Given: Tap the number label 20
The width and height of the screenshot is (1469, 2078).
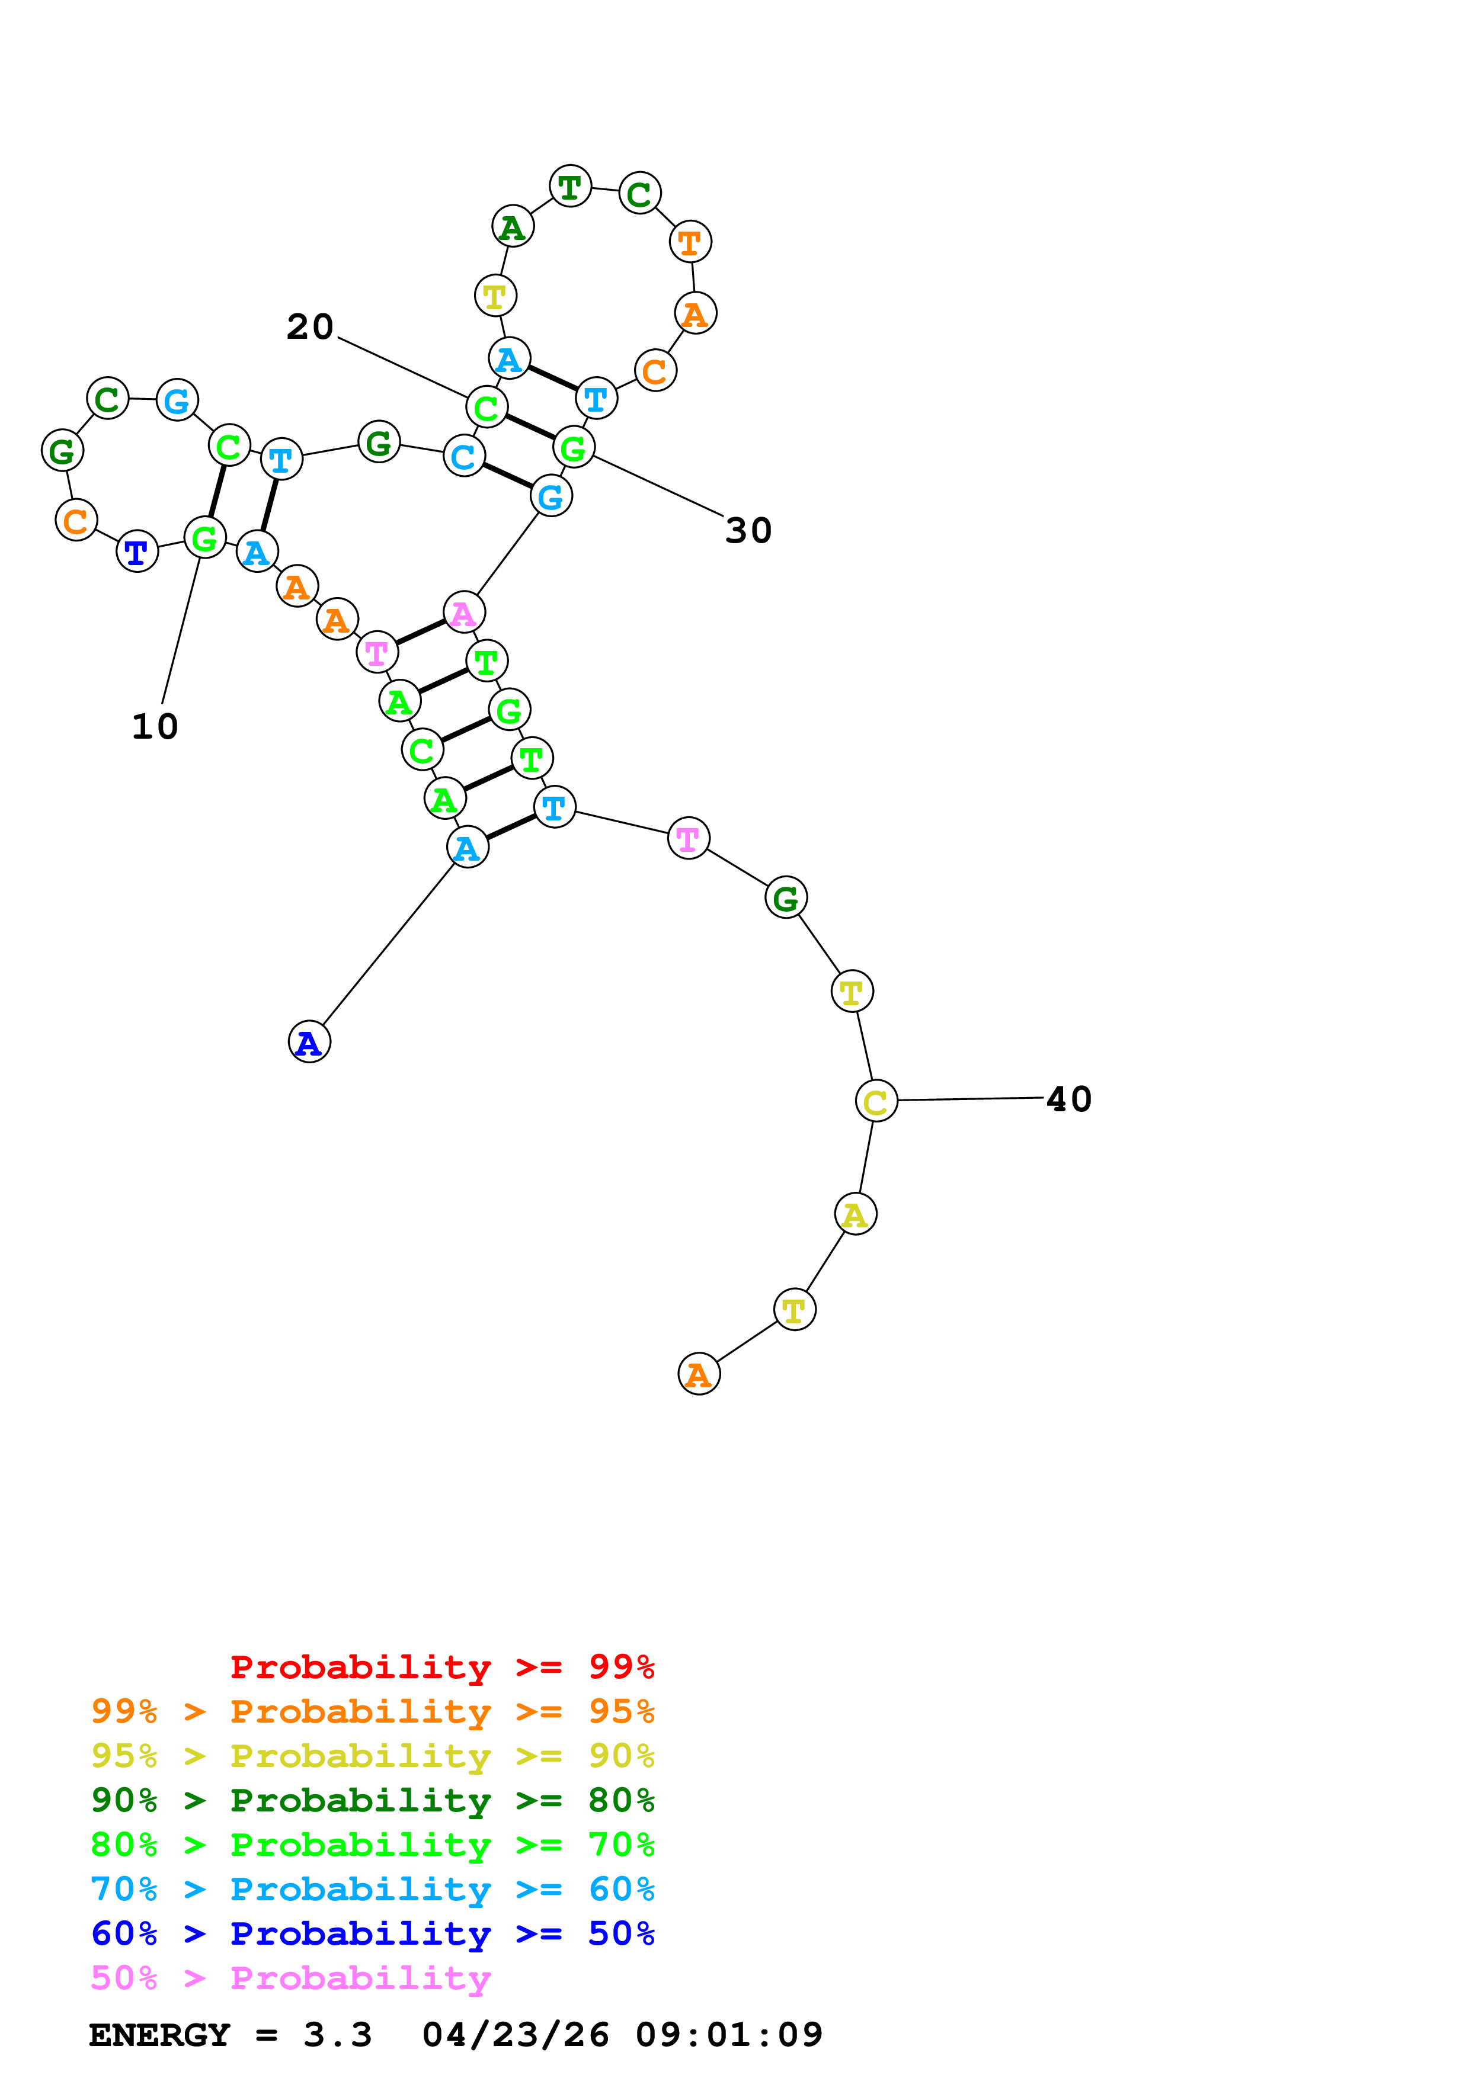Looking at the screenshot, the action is coord(309,327).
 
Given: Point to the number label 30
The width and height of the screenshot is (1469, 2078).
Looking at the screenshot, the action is coord(748,530).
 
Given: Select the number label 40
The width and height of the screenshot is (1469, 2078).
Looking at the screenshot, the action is coord(1069,1099).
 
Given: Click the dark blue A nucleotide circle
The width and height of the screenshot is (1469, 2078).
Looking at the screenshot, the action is coord(309,1042).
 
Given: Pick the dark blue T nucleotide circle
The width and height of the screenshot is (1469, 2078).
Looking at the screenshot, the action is coord(137,551).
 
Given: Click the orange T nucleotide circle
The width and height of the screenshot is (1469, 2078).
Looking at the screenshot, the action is coord(690,242).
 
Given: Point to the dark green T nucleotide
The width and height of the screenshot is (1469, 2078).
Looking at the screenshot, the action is coord(570,187).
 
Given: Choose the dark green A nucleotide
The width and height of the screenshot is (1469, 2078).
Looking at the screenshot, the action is coord(513,226).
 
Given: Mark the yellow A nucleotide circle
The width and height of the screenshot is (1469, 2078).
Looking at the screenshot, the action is coord(855,1214).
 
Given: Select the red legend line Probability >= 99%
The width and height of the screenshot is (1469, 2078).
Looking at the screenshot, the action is coord(441,1666).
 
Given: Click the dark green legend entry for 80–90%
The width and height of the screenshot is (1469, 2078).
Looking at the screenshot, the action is coord(373,1800).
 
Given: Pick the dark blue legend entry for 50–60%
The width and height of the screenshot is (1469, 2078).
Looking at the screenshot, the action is coord(373,1933).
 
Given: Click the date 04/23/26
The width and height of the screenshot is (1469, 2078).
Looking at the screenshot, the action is coord(515,2035).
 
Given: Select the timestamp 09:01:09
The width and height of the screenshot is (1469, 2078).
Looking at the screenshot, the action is coord(729,2035).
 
